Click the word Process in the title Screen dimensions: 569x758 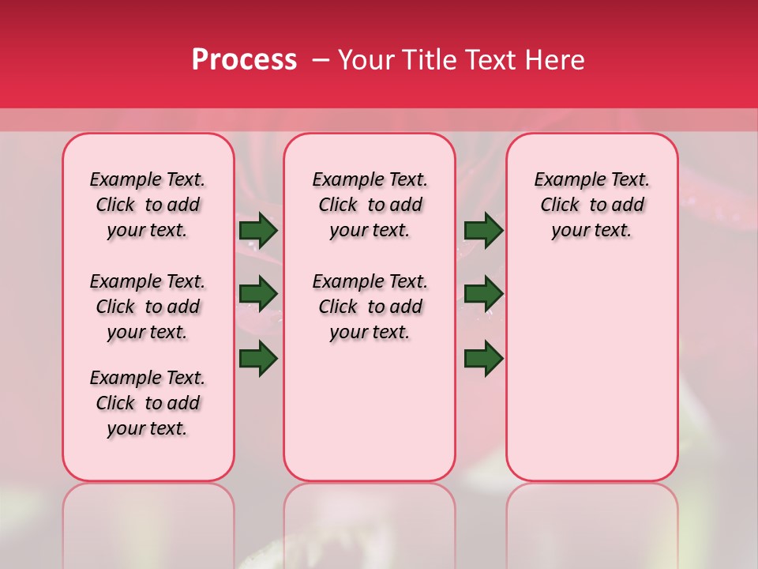point(244,60)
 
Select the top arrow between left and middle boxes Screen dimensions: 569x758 point(258,231)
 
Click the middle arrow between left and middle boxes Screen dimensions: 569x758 point(258,294)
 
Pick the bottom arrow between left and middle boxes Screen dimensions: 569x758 point(258,358)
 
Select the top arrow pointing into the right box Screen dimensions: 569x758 point(483,231)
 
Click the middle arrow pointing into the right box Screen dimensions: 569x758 point(483,294)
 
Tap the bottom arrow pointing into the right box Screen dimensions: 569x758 point(483,358)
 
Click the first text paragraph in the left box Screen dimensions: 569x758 point(148,205)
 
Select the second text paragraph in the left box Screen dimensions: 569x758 point(148,307)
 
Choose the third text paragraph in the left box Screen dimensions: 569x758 point(148,403)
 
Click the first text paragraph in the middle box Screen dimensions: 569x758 point(370,205)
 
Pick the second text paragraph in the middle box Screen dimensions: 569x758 point(370,307)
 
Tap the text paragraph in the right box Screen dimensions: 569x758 point(591,205)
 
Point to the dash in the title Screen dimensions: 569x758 point(321,60)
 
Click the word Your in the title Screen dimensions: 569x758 point(365,60)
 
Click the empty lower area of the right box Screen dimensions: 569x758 point(591,379)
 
